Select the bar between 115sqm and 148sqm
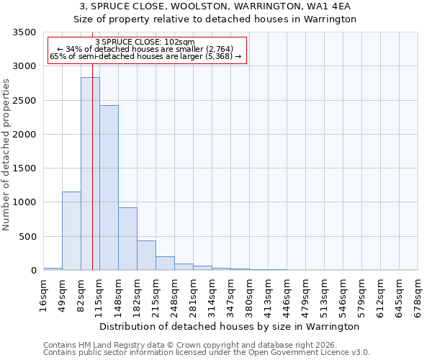click(x=109, y=187)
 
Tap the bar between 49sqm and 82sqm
click(x=71, y=230)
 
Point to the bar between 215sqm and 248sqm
click(x=165, y=264)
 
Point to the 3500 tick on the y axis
click(x=24, y=32)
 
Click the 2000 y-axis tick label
click(x=24, y=135)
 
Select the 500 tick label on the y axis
click(x=27, y=237)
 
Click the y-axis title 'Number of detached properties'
click(x=7, y=155)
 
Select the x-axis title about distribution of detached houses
click(x=230, y=327)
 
